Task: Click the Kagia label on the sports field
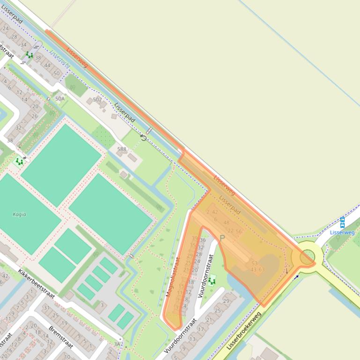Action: click(x=19, y=215)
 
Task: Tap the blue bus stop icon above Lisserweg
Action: click(x=342, y=222)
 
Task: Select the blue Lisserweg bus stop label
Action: click(x=342, y=232)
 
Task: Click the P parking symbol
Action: click(x=222, y=238)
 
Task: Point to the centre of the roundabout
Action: click(x=307, y=256)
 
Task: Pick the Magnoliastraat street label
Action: click(x=173, y=277)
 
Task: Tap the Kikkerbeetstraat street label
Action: click(x=37, y=284)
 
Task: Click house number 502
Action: click(x=97, y=100)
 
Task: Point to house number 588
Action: click(x=122, y=150)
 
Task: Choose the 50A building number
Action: click(x=60, y=99)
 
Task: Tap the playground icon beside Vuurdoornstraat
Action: click(x=212, y=281)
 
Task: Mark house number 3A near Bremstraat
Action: click(x=117, y=344)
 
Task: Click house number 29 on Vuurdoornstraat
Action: click(x=226, y=301)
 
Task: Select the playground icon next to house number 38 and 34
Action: click(x=29, y=55)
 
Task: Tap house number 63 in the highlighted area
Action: click(x=261, y=270)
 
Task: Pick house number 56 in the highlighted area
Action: click(x=239, y=231)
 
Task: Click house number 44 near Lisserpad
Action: click(x=47, y=65)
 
